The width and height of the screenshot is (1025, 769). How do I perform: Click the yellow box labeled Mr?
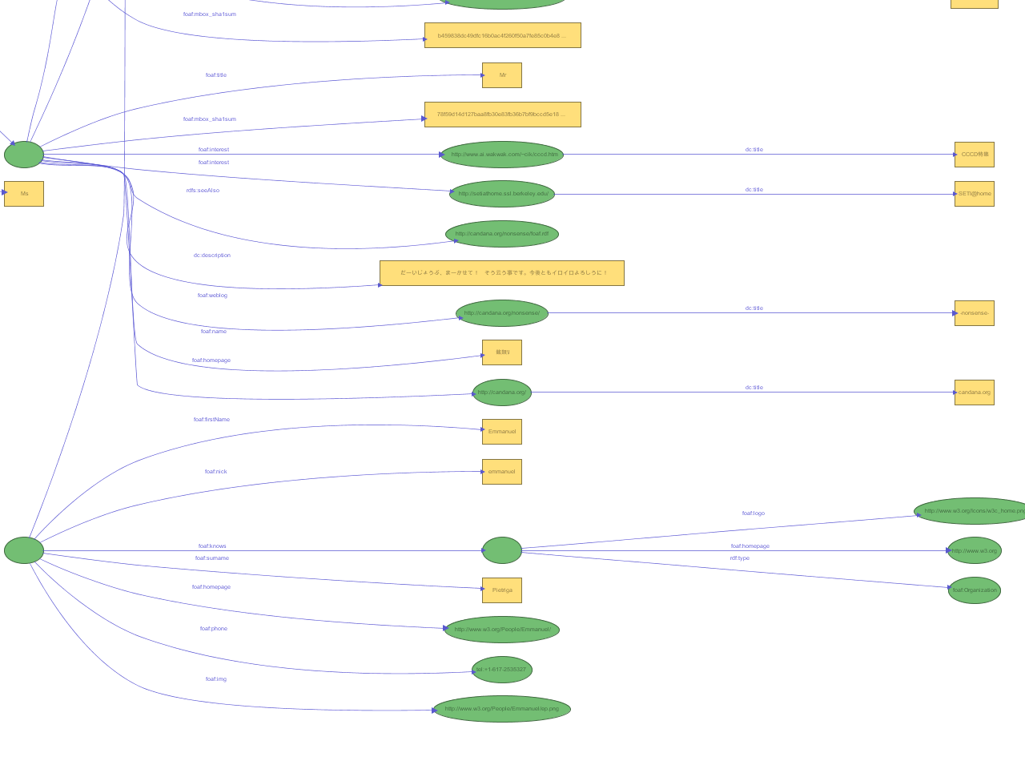(x=502, y=75)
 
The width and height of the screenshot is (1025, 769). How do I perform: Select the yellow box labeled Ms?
(x=24, y=194)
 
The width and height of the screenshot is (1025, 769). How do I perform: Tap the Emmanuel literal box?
(x=502, y=432)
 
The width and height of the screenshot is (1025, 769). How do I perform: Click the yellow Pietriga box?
(x=502, y=590)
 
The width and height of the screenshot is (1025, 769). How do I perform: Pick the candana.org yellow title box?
(x=974, y=393)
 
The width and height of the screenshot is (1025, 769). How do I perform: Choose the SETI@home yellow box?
(x=974, y=194)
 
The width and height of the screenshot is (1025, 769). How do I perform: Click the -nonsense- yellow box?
(x=974, y=313)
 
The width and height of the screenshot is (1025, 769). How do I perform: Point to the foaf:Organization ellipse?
(x=975, y=590)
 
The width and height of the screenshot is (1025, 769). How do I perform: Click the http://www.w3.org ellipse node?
(x=975, y=550)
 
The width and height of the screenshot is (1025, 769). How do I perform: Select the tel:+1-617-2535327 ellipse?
(x=502, y=670)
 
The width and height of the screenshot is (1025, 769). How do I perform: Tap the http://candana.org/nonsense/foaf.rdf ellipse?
(x=502, y=234)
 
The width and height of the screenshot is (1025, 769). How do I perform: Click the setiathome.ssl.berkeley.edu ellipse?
(x=502, y=194)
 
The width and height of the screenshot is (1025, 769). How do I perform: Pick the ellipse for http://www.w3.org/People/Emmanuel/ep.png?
(x=502, y=709)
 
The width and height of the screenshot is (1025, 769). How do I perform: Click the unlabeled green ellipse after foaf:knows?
(x=502, y=550)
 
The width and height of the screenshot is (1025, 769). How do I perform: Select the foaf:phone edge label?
(x=214, y=629)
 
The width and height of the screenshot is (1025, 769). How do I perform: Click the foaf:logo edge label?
(x=753, y=513)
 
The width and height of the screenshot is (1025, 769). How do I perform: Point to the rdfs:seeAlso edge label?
(x=203, y=191)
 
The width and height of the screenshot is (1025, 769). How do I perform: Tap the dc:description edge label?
(x=212, y=256)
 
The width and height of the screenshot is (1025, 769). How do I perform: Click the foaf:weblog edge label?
(x=212, y=296)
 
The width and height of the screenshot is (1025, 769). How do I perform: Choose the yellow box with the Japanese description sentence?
(x=502, y=273)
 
